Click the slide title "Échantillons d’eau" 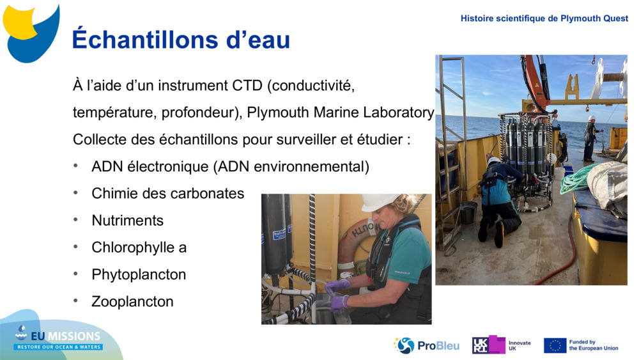(181, 40)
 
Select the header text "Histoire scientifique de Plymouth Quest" (544, 19)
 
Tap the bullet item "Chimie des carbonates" (167, 193)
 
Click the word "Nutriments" (127, 221)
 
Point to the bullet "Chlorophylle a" (139, 247)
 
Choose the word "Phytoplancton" (139, 274)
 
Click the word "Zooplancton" (132, 301)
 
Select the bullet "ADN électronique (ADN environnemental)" (230, 167)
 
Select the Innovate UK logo (501, 345)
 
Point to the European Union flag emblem (555, 345)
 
